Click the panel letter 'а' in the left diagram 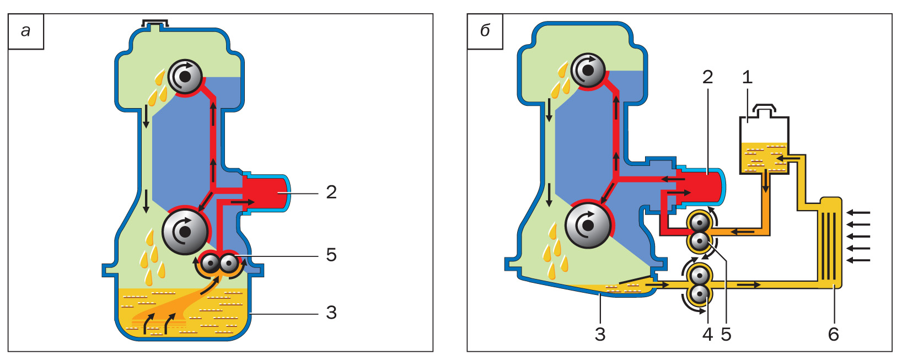(x=25, y=31)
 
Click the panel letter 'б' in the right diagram (x=485, y=31)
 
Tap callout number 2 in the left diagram (x=331, y=192)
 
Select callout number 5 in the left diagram (x=331, y=255)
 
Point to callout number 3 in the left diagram (x=331, y=313)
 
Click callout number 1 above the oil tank (x=747, y=77)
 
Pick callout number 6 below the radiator (x=833, y=334)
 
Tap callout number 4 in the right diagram (x=707, y=334)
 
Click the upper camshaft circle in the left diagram (x=185, y=77)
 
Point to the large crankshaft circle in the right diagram (x=588, y=225)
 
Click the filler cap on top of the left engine (x=155, y=24)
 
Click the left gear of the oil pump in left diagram (x=210, y=264)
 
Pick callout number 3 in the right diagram (x=600, y=334)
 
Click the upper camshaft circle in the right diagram (x=588, y=70)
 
